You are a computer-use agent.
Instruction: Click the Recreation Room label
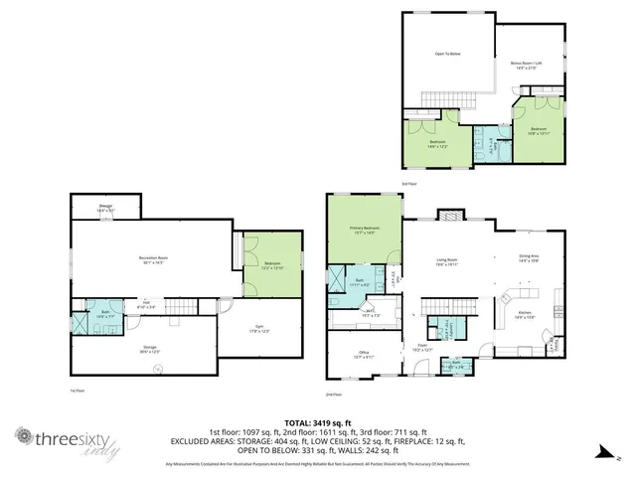click(x=153, y=260)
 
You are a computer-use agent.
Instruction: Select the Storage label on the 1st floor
click(x=148, y=349)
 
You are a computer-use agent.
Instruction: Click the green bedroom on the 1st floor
click(x=270, y=264)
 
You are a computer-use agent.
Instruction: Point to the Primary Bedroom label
click(x=364, y=230)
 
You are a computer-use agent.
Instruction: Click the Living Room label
click(x=446, y=261)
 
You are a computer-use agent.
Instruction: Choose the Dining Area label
click(x=529, y=257)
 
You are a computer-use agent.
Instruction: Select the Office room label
click(x=364, y=354)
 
